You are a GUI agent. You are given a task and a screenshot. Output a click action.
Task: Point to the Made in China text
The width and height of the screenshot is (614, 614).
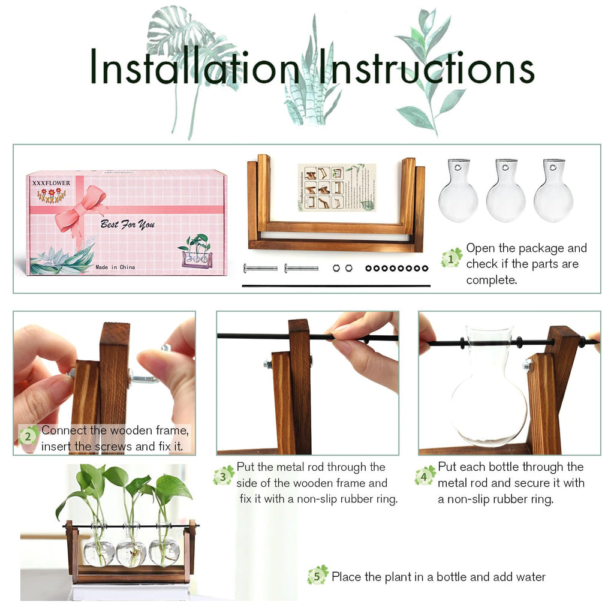[x=115, y=267]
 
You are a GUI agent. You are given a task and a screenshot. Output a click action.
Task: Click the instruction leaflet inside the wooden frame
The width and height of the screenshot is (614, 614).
[x=336, y=187]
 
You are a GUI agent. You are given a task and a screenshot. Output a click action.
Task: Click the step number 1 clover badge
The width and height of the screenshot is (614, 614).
[x=451, y=258]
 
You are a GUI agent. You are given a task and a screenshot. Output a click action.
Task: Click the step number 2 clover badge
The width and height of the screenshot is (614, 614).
[x=28, y=436]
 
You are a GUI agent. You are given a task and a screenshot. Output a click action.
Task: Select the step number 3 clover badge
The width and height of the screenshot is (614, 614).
[x=223, y=475]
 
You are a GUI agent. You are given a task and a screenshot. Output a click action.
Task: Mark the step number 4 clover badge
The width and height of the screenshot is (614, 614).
[x=425, y=475]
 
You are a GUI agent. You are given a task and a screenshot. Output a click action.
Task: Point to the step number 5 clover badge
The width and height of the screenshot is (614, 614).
[x=317, y=576]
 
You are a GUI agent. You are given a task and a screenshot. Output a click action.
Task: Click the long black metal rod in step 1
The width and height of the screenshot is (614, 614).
[x=336, y=286]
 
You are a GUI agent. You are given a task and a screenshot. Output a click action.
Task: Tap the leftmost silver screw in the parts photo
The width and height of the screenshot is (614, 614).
[x=260, y=268]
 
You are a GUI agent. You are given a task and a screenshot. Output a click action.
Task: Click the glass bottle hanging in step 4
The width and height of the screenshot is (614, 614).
[x=488, y=396]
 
